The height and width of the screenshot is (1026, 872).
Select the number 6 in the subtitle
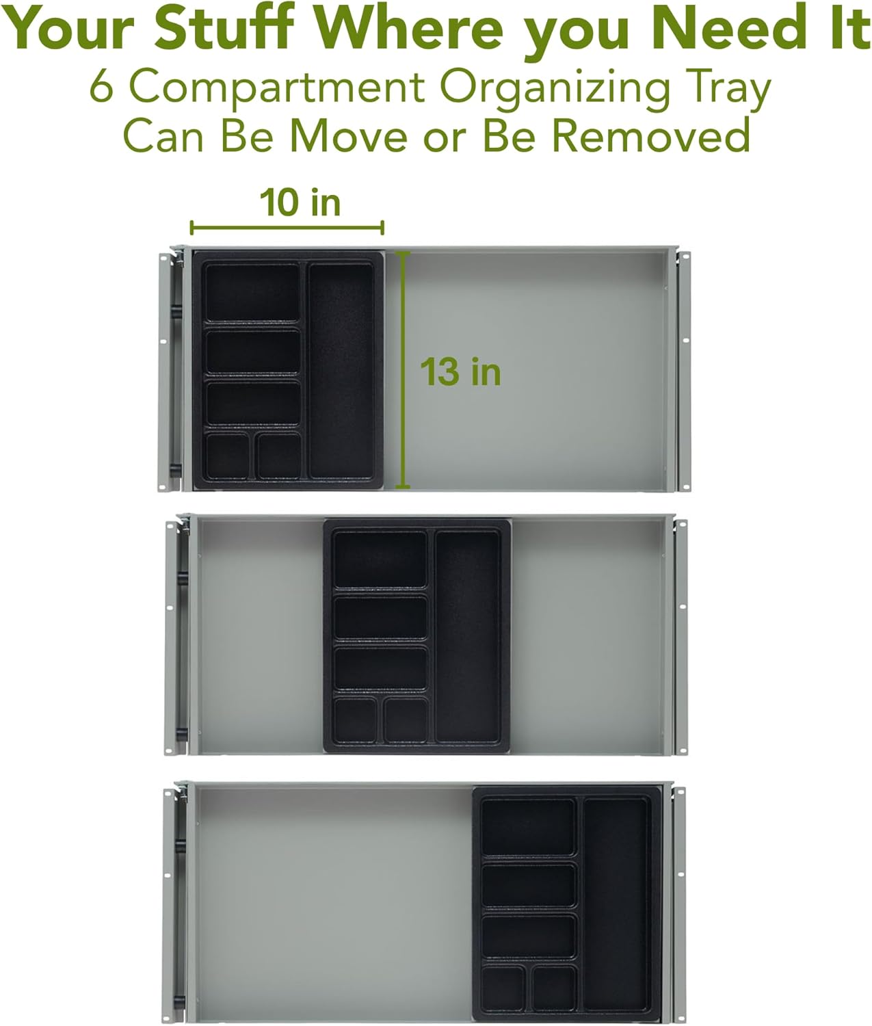[102, 87]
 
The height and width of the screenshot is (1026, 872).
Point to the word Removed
[650, 135]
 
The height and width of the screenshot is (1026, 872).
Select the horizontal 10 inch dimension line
[287, 228]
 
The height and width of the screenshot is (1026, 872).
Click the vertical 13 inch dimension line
[403, 370]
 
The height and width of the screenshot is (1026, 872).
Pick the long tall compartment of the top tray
[341, 371]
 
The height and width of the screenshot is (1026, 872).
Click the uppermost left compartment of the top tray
[252, 292]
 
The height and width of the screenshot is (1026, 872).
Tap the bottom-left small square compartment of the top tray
[227, 456]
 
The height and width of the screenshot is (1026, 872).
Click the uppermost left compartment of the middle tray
[380, 559]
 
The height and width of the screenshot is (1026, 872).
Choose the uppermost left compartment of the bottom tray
[529, 826]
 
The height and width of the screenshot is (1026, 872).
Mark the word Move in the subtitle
[348, 135]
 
